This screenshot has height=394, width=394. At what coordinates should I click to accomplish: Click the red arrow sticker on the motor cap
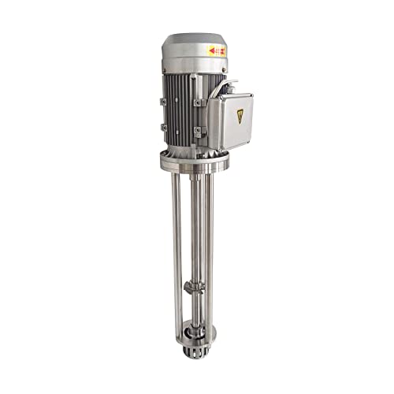click(x=217, y=51)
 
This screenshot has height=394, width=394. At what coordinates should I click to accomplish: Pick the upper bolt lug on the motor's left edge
click(x=163, y=101)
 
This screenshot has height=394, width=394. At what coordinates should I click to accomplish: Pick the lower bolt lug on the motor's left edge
click(x=163, y=127)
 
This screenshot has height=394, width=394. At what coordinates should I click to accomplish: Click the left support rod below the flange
click(x=177, y=236)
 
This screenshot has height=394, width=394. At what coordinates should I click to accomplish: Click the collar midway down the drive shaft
click(x=194, y=286)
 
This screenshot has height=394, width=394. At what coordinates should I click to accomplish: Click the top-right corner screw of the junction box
click(x=250, y=97)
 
